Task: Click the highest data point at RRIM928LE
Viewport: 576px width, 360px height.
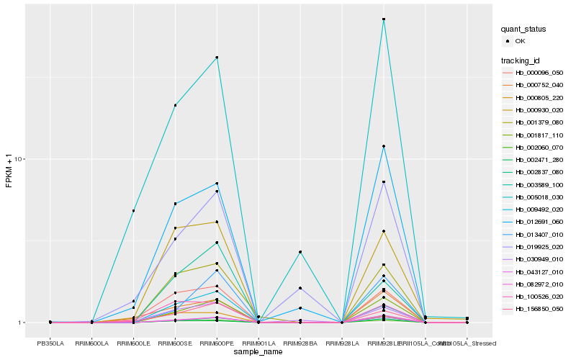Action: (x=384, y=19)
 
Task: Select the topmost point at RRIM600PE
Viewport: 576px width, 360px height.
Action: (x=217, y=58)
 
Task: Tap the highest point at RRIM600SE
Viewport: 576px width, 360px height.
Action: (x=175, y=106)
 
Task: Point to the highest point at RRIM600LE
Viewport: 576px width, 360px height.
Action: (x=133, y=211)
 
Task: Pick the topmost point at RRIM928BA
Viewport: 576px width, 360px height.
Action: (x=300, y=252)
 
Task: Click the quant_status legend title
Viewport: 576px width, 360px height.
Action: (x=523, y=30)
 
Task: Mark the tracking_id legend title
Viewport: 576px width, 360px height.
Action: (x=521, y=60)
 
